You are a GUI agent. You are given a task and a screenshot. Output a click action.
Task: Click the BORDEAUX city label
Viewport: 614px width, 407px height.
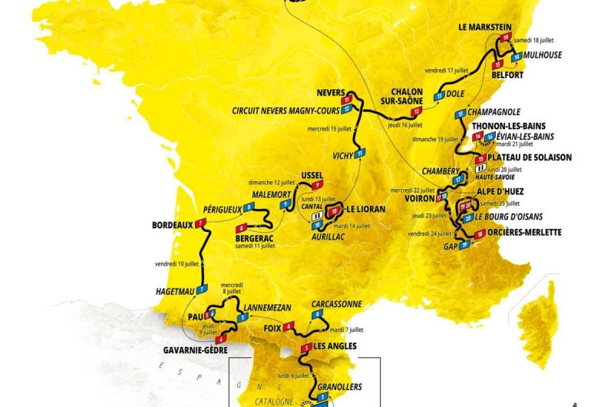coord(167,226)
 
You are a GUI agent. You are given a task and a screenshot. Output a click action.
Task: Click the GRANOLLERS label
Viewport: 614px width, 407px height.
coord(338,386)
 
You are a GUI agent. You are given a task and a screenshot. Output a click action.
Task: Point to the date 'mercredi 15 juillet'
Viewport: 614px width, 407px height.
coord(330,128)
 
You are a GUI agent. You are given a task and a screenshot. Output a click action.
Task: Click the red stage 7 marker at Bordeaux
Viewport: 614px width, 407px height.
coord(202,224)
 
